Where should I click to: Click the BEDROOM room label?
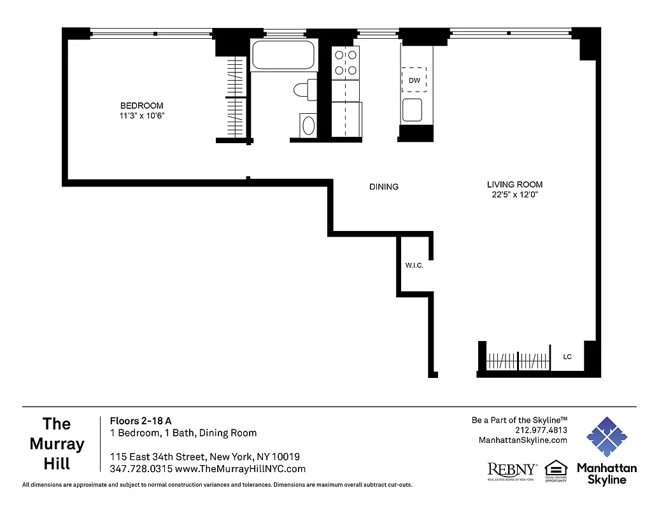[142, 106]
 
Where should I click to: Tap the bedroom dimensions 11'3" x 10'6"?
[142, 115]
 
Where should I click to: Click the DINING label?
[384, 187]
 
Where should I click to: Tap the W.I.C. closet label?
[415, 265]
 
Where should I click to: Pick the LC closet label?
[567, 357]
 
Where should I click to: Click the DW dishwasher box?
[415, 80]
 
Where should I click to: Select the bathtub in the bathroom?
[284, 55]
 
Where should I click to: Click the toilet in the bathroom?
[306, 90]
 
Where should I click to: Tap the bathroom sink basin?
[309, 125]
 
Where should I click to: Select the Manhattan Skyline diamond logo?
[606, 438]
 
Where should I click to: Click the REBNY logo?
[512, 471]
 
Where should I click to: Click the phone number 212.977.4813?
[541, 430]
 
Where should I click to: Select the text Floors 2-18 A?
[141, 421]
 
